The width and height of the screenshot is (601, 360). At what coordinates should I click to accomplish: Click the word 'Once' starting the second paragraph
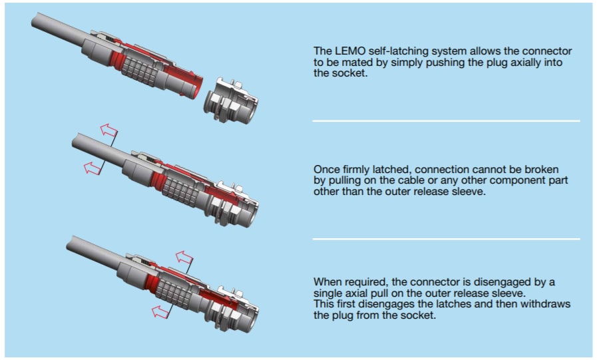(x=325, y=170)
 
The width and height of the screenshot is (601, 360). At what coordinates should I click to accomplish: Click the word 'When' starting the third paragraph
(x=326, y=281)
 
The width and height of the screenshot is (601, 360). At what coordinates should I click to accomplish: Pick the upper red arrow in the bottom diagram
(x=183, y=257)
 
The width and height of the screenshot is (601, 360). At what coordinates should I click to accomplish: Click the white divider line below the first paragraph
(x=446, y=121)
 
